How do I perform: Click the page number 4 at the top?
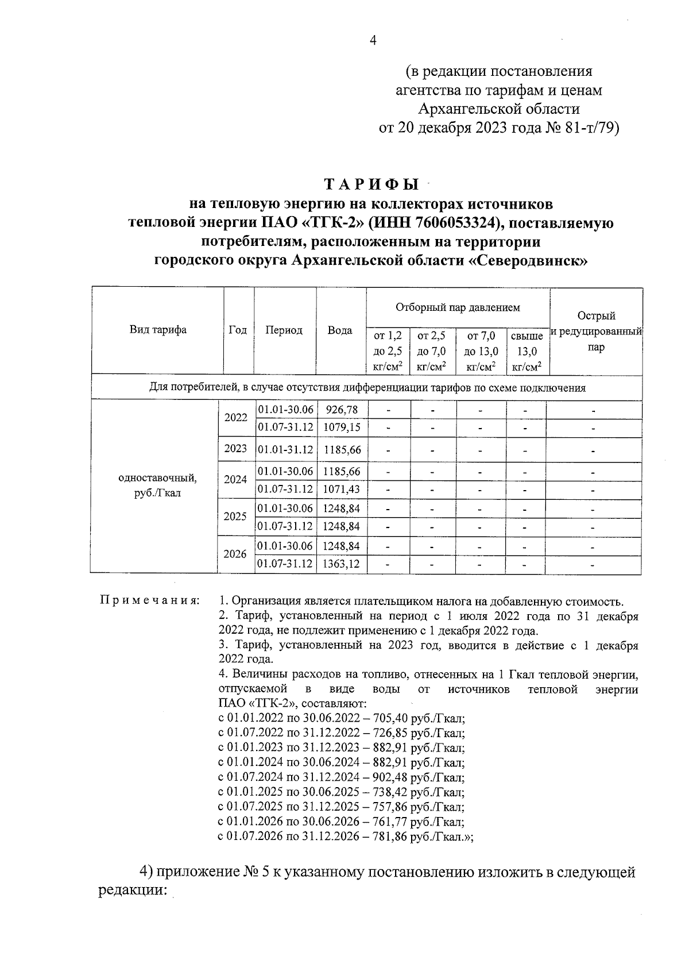[371, 40]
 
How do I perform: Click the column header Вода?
[340, 330]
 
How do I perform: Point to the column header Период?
[284, 330]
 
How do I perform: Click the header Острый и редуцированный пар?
[596, 332]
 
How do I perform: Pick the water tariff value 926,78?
[341, 409]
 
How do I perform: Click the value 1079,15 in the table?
[341, 427]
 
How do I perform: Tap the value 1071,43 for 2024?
[341, 489]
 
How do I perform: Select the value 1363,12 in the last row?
[341, 564]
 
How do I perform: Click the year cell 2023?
[235, 449]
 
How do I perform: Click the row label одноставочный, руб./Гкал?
[157, 485]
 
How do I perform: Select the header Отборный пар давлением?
[458, 307]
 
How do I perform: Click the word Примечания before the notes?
[149, 601]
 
